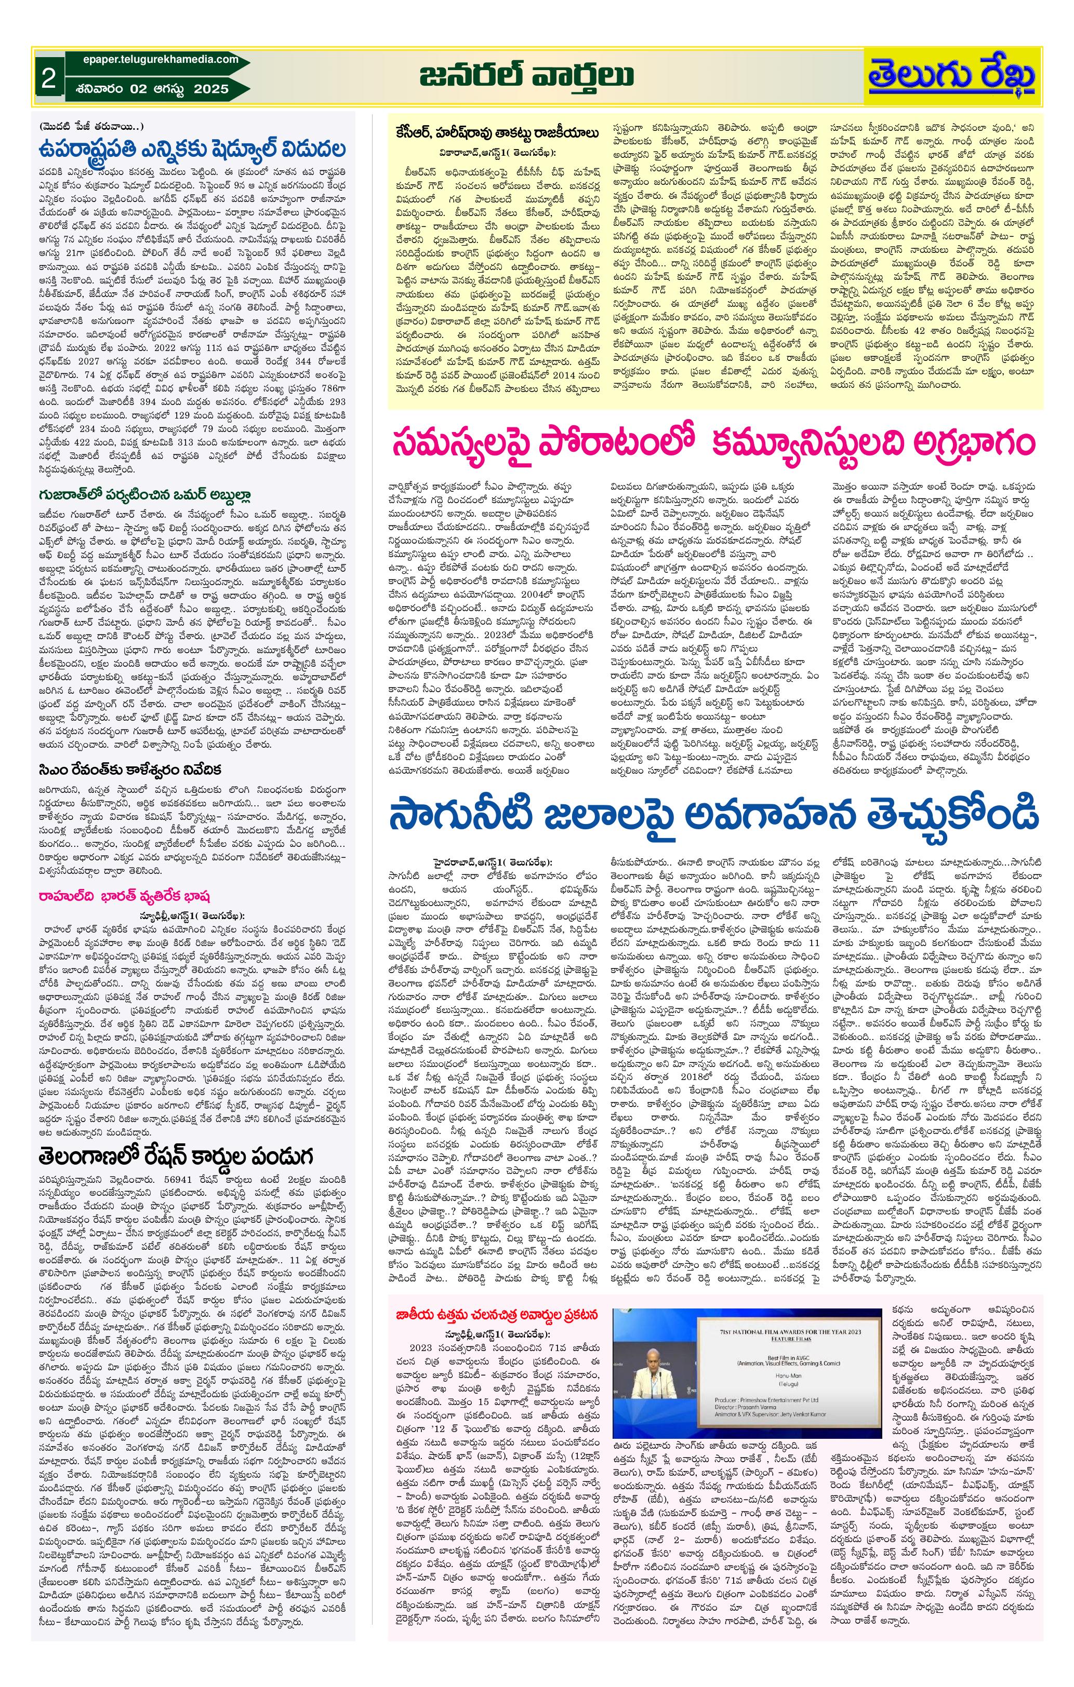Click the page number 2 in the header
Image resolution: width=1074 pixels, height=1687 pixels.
pos(48,78)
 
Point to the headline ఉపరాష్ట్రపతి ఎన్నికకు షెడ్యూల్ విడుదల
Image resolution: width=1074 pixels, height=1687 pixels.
pos(193,150)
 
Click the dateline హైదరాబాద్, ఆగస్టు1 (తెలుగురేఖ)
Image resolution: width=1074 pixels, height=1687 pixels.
pos(492,862)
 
